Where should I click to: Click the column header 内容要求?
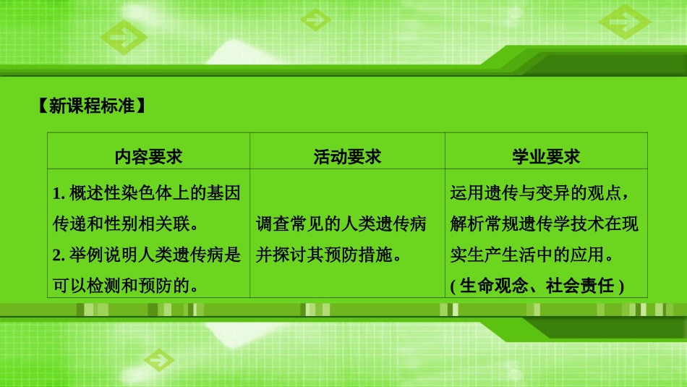148,156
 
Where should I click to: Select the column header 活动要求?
347,156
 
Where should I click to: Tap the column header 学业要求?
546,156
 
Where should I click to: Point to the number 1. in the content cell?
60,193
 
